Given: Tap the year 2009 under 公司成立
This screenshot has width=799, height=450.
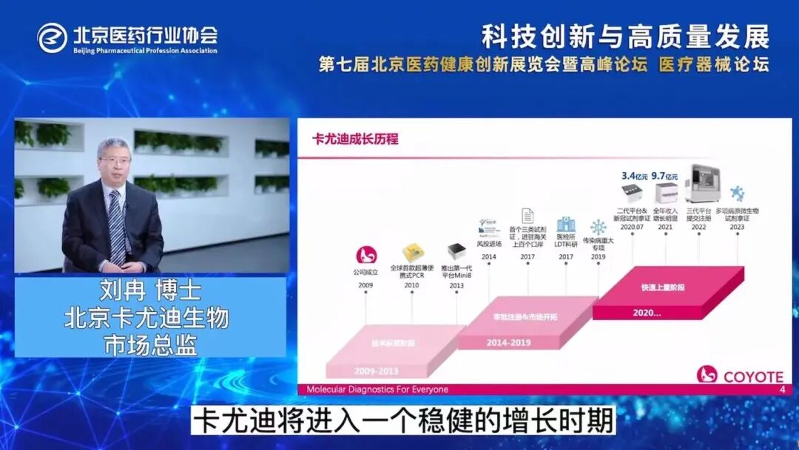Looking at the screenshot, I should point(365,284).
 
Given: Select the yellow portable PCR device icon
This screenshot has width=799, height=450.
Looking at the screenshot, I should point(411,252).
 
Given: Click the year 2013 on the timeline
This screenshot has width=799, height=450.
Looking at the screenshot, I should point(456,285).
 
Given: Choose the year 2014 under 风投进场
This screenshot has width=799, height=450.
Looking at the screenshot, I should point(489,256).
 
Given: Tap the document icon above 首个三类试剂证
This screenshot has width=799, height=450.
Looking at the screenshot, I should point(527,217).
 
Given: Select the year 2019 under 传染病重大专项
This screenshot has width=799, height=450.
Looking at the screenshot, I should point(598,256).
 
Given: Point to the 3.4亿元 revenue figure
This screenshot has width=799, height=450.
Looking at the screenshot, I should point(634,176).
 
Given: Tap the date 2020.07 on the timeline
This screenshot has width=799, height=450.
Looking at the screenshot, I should point(633,228).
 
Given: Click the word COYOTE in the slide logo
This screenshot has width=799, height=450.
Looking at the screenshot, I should point(753,376).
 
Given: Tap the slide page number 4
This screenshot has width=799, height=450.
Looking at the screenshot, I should point(782,389).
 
